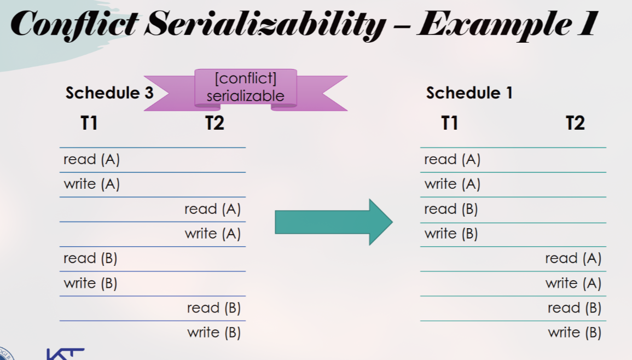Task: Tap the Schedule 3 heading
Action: pyautogui.click(x=109, y=92)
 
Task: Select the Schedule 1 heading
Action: pyautogui.click(x=469, y=92)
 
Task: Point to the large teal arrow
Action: pyautogui.click(x=334, y=222)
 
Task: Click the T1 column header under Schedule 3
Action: pyautogui.click(x=89, y=123)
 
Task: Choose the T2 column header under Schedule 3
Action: pyautogui.click(x=214, y=123)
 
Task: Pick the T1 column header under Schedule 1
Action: pyautogui.click(x=450, y=123)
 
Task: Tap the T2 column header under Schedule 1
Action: pyautogui.click(x=575, y=123)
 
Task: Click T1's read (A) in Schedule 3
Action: pyautogui.click(x=91, y=160)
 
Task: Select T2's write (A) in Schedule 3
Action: pyautogui.click(x=212, y=234)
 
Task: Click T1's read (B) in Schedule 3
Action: pyautogui.click(x=90, y=258)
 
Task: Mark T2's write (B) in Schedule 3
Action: pyautogui.click(x=213, y=333)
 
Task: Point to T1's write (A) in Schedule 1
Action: pyautogui.click(x=452, y=184)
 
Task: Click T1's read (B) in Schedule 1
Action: pyautogui.click(x=451, y=209)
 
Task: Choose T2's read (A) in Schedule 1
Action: pyautogui.click(x=573, y=258)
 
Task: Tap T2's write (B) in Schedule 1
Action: pyautogui.click(x=575, y=333)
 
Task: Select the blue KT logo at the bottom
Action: pyautogui.click(x=65, y=354)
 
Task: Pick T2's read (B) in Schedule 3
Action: pyautogui.click(x=213, y=308)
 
